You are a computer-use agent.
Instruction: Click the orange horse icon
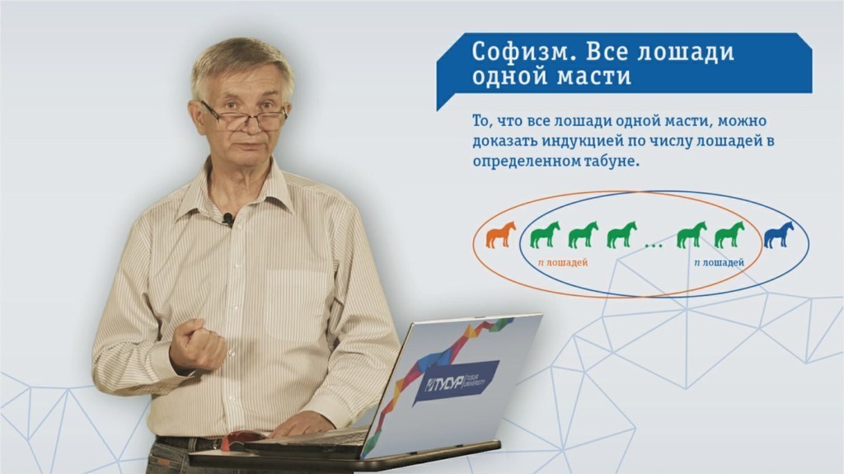coord(500,235)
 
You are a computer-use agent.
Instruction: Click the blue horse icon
coord(779,235)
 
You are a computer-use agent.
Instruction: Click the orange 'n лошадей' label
coord(562,263)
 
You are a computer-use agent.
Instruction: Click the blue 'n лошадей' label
coord(719,263)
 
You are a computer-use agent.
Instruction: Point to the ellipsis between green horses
coord(654,246)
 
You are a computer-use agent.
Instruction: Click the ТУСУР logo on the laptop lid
coord(457,383)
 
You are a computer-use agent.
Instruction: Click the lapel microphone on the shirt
coord(228,218)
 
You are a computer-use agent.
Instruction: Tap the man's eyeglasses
coord(244,116)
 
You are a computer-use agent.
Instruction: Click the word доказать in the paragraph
coord(505,141)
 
